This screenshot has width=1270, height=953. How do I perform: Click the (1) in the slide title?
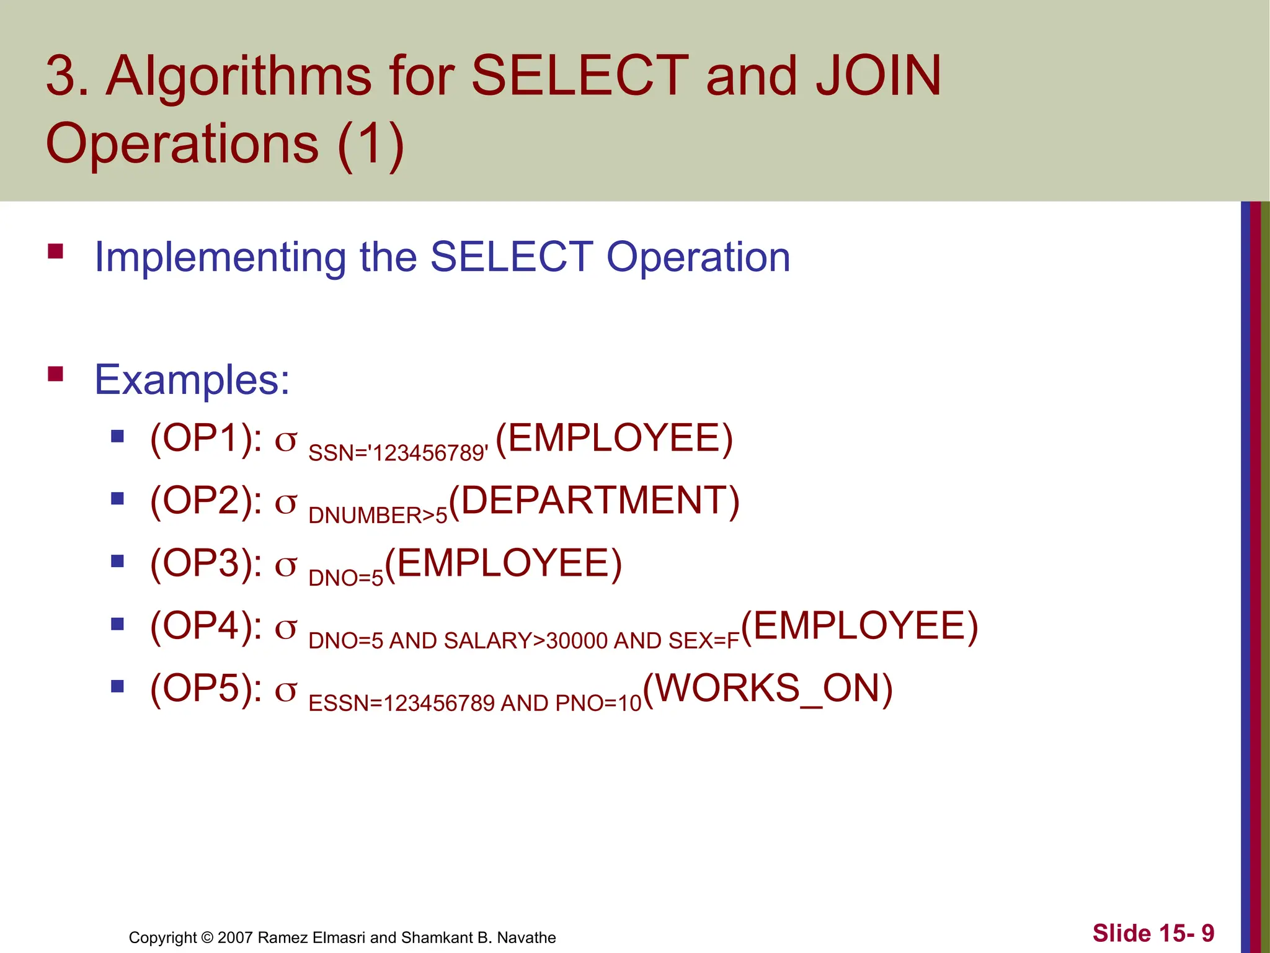tap(371, 144)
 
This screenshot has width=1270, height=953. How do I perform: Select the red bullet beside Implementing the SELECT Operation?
tap(55, 251)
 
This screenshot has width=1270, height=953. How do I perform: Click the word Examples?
tap(192, 380)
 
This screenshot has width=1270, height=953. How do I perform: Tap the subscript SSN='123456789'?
tap(398, 454)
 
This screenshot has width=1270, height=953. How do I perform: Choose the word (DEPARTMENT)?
tap(593, 501)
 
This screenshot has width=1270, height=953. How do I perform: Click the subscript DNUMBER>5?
tap(377, 516)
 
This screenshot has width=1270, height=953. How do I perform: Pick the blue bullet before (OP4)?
tap(117, 624)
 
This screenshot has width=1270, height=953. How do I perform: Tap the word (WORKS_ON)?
tap(768, 689)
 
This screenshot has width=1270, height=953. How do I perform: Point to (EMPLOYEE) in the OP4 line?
tap(859, 625)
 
